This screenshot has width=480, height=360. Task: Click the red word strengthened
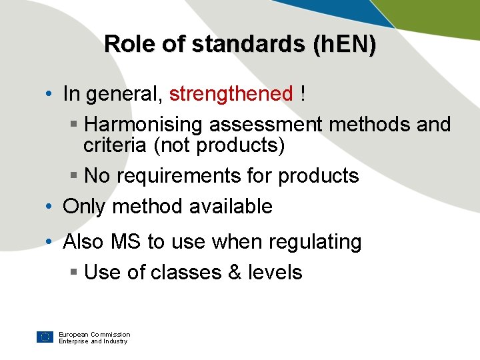click(x=231, y=94)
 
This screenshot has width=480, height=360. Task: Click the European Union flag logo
click(x=45, y=337)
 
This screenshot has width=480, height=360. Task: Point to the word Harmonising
click(x=145, y=125)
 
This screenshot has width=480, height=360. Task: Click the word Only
click(x=84, y=207)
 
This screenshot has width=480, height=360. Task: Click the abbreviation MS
click(x=125, y=241)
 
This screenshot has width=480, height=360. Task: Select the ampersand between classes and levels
click(x=234, y=273)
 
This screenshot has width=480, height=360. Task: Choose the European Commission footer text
click(x=94, y=334)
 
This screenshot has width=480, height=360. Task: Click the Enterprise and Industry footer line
click(x=93, y=341)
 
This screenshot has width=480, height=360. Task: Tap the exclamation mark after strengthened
click(x=303, y=94)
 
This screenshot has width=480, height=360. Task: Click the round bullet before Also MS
click(x=51, y=242)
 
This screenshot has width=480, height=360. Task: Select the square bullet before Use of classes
click(x=74, y=273)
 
